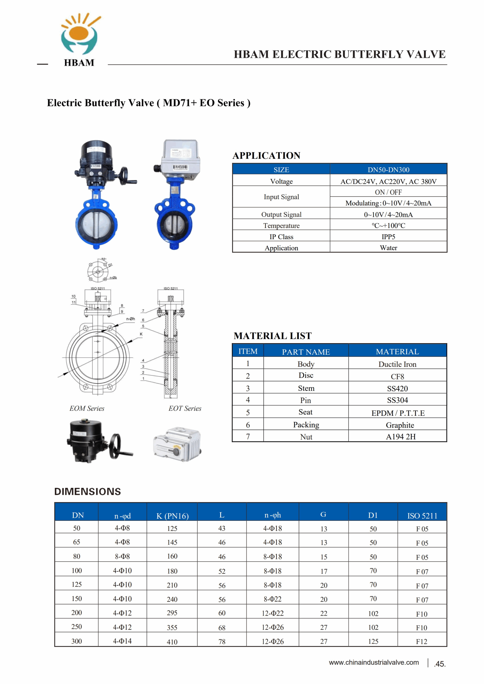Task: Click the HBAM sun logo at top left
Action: (79, 34)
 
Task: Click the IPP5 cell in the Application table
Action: (388, 236)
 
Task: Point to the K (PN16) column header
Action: (172, 516)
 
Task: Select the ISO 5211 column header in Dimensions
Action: (422, 516)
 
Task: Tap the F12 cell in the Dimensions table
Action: (421, 642)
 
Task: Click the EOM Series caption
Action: (87, 408)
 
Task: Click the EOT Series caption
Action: (185, 408)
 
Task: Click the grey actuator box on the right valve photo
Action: (180, 158)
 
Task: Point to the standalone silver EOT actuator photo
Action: (177, 444)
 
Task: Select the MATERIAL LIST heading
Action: (272, 336)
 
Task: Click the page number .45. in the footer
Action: (440, 664)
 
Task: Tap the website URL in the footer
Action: (374, 662)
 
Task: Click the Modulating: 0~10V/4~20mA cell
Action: (388, 203)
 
